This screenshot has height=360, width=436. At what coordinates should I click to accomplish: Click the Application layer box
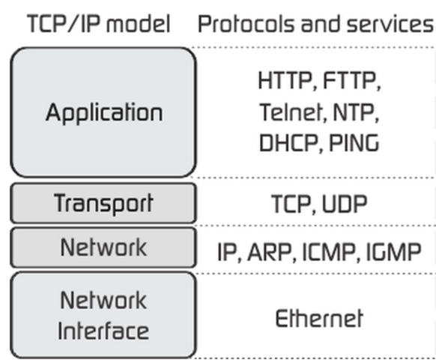[103, 113]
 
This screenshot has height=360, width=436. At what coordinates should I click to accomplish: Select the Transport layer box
[103, 203]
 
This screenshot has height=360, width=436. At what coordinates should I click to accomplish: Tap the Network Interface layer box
[103, 315]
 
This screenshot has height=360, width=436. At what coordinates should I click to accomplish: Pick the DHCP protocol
[288, 142]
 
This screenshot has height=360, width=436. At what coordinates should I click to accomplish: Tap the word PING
[353, 142]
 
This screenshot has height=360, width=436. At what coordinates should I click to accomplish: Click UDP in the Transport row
[346, 204]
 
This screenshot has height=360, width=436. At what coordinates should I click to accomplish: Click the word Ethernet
[319, 318]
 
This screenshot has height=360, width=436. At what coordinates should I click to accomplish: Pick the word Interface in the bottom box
[103, 330]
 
